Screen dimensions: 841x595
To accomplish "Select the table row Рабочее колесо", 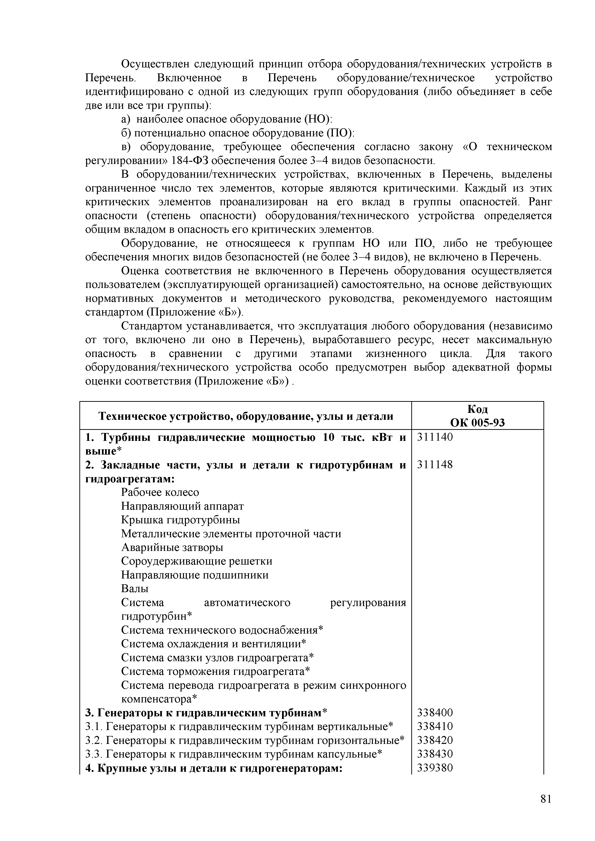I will pos(160,492).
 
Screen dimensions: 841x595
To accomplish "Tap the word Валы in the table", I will pos(135,589).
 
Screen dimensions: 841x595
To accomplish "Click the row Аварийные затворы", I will pos(172,548).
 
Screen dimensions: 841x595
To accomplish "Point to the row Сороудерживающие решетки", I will pos(197,561).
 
